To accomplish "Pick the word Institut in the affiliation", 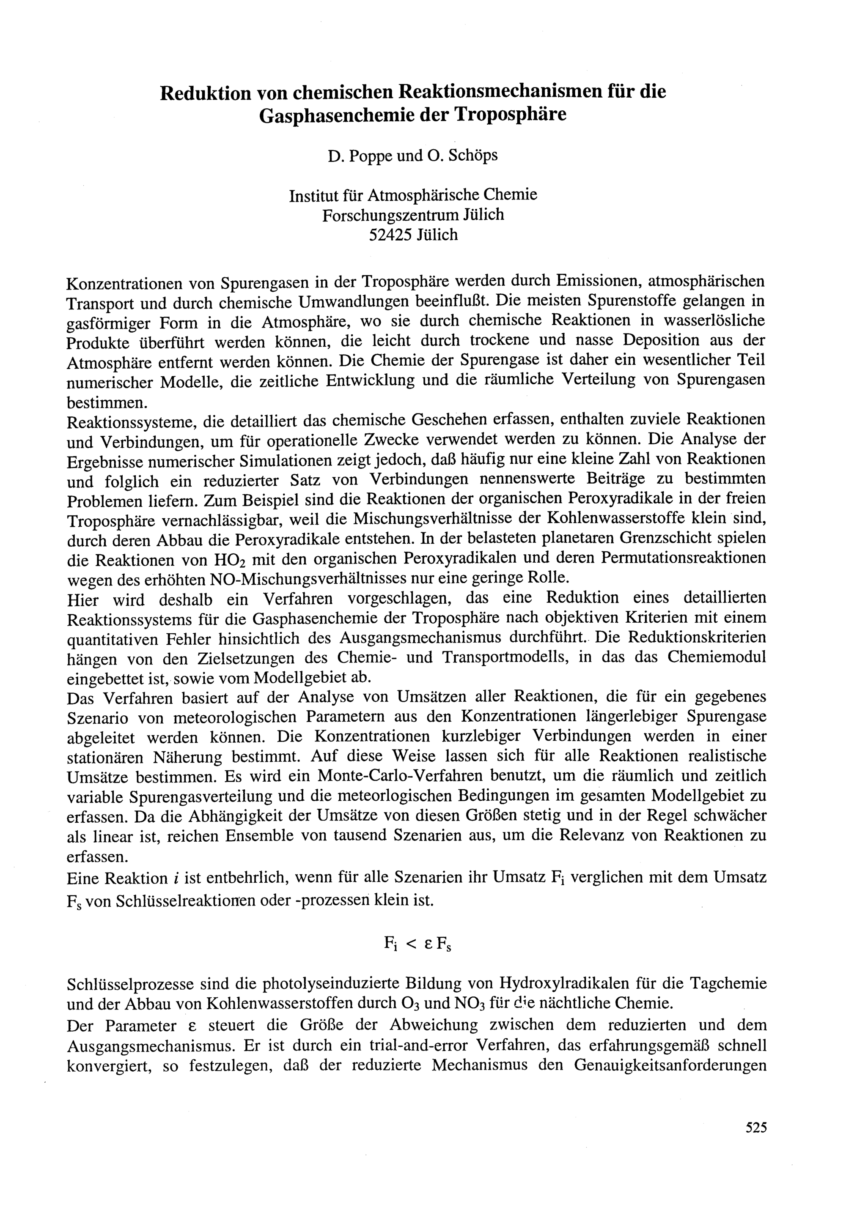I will click(x=310, y=195).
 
